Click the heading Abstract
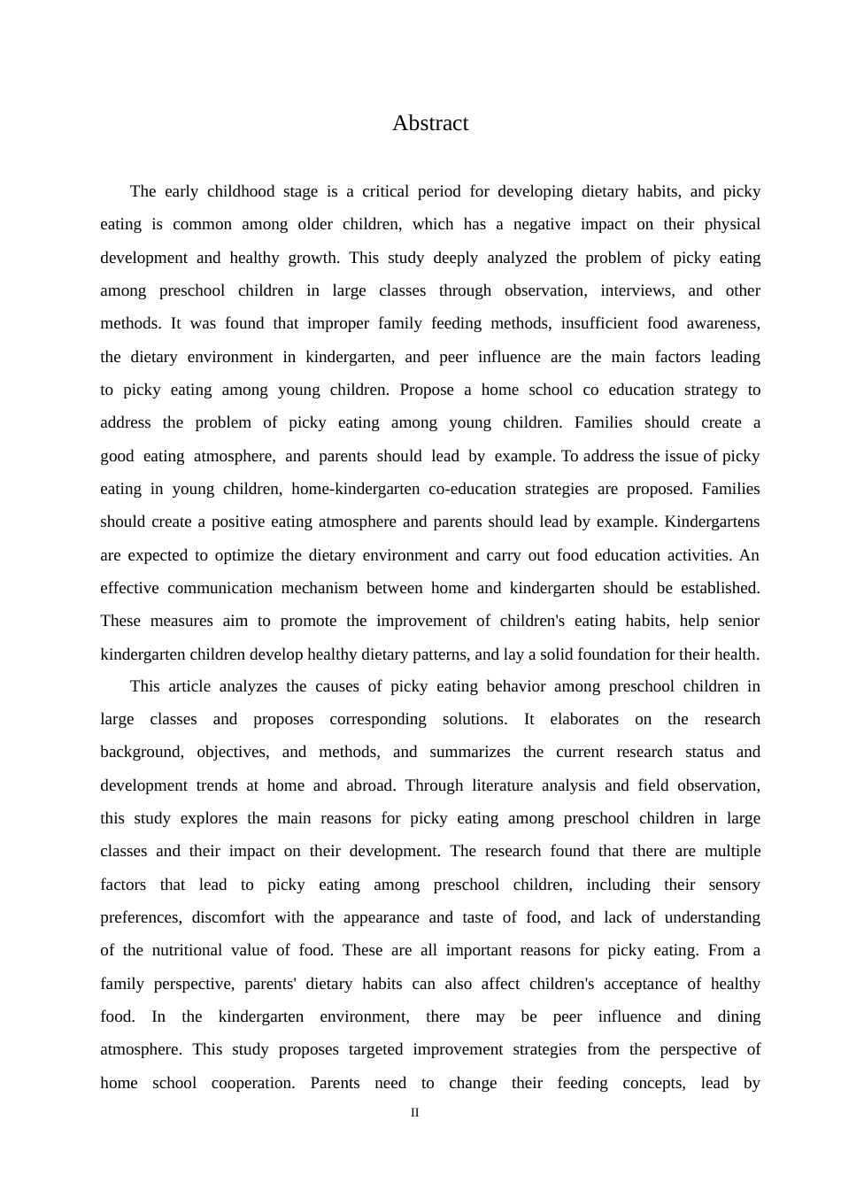pos(430,123)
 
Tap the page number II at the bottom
pos(414,1113)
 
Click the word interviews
pos(637,290)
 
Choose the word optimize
pos(244,555)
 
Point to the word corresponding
pos(378,719)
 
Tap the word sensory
pos(734,885)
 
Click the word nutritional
pos(186,950)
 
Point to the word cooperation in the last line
pos(253,1083)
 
